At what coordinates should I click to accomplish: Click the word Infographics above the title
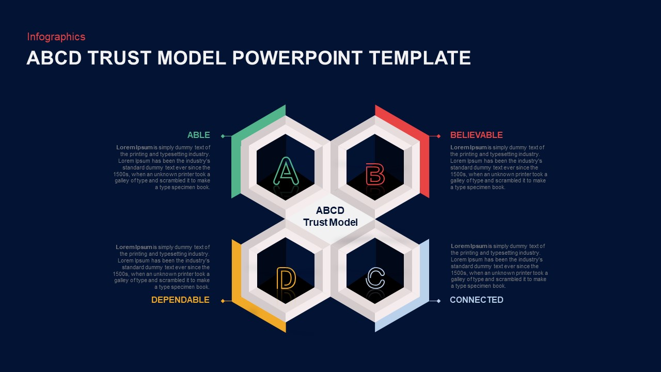pyautogui.click(x=56, y=37)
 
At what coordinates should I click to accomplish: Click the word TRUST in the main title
pyautogui.click(x=120, y=58)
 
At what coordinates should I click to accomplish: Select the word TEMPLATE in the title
pyautogui.click(x=420, y=58)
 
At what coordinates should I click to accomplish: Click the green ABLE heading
pyautogui.click(x=198, y=135)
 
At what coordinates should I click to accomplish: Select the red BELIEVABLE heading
pyautogui.click(x=476, y=135)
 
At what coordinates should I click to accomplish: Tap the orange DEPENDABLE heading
pyautogui.click(x=180, y=300)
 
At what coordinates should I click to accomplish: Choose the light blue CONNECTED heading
pyautogui.click(x=476, y=300)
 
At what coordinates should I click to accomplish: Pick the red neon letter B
pyautogui.click(x=375, y=174)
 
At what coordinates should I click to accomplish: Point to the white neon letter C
pyautogui.click(x=375, y=278)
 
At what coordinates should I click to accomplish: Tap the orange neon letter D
pyautogui.click(x=286, y=278)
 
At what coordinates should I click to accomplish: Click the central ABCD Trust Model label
pyautogui.click(x=330, y=216)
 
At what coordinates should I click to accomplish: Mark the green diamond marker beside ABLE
pyautogui.click(x=223, y=136)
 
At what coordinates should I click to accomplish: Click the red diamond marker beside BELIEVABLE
pyautogui.click(x=438, y=136)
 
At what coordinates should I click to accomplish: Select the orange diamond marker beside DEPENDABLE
pyautogui.click(x=223, y=301)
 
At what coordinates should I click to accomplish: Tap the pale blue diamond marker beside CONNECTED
pyautogui.click(x=438, y=301)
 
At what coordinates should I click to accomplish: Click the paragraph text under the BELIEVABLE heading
pyautogui.click(x=498, y=167)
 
